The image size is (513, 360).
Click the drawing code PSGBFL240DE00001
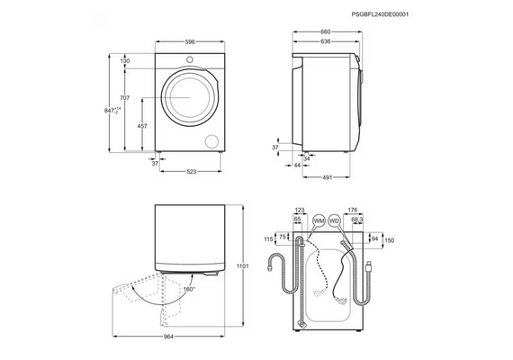[380, 14]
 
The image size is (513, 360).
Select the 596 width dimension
[190, 42]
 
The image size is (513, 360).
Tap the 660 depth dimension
[326, 31]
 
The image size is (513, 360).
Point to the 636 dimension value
[326, 41]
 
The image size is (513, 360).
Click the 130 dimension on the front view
[125, 61]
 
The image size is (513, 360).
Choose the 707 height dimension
[125, 98]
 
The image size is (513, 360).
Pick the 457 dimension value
[142, 126]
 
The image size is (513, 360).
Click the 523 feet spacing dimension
[191, 172]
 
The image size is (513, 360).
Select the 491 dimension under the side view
[328, 177]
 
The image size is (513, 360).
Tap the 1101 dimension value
[242, 266]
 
